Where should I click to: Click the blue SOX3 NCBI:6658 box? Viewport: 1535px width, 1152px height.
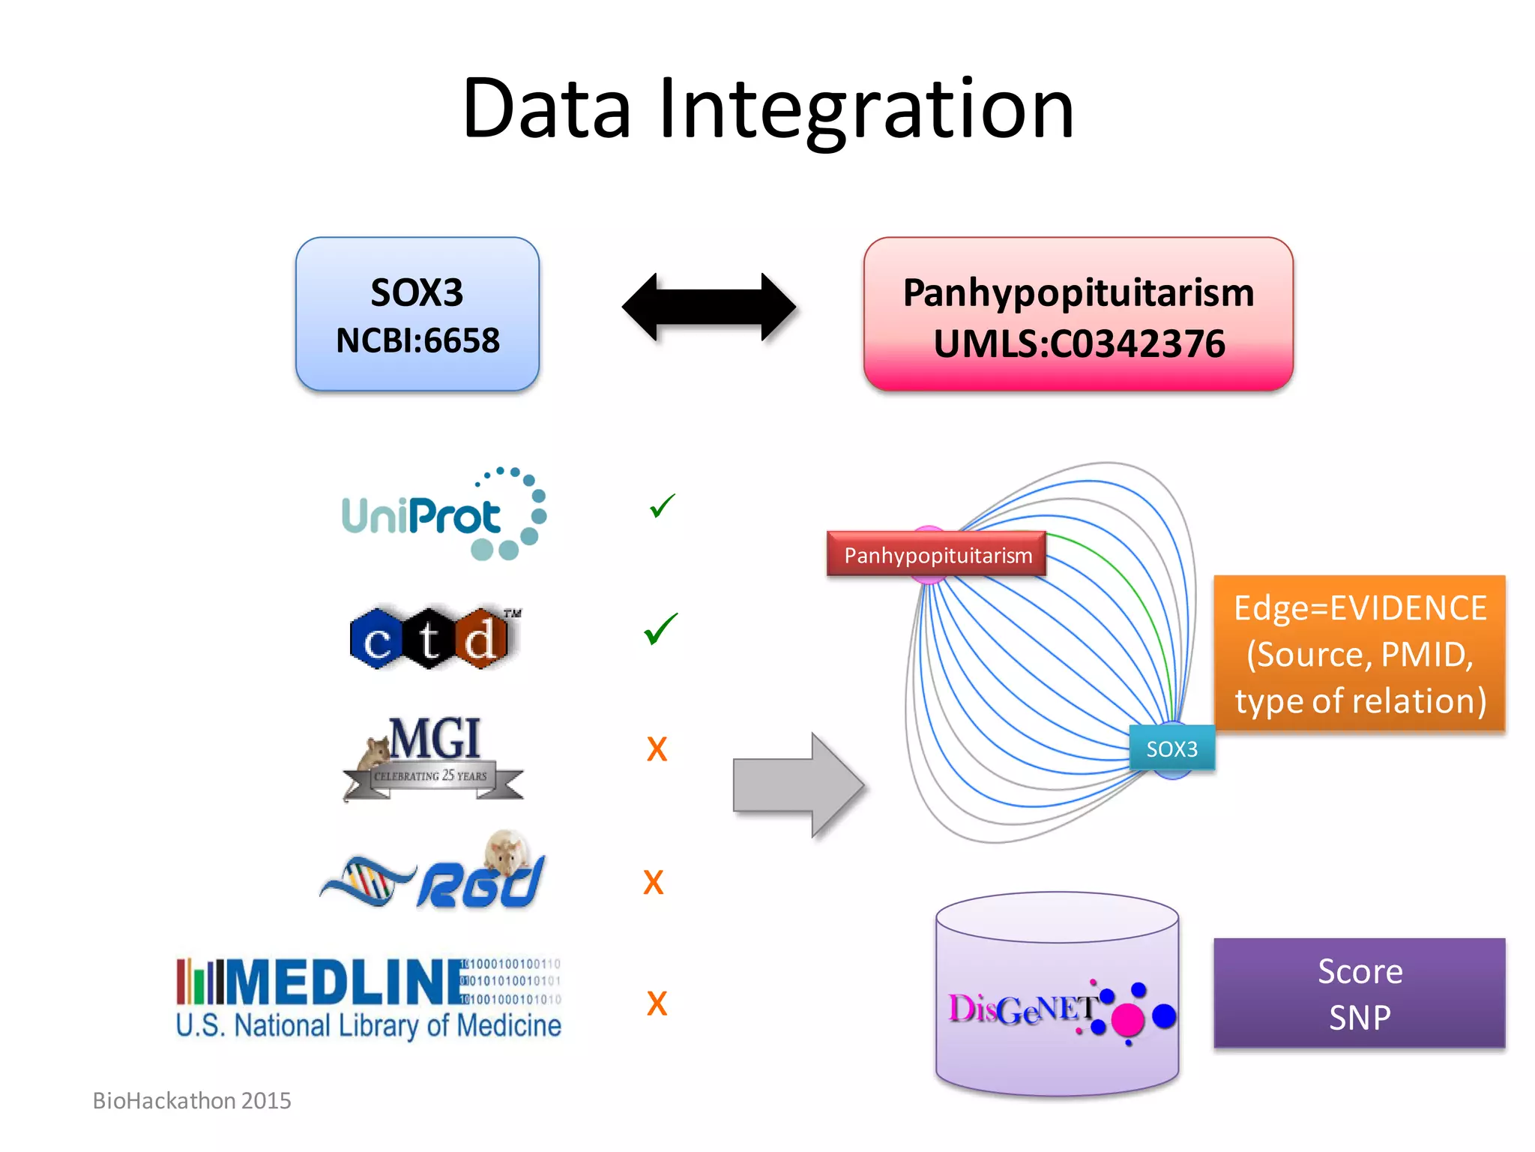click(417, 315)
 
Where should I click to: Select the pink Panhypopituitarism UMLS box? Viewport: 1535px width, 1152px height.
click(1078, 315)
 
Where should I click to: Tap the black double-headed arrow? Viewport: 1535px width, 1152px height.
click(708, 307)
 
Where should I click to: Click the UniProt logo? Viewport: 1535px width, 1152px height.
click(442, 515)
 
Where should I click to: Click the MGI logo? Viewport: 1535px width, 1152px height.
click(433, 757)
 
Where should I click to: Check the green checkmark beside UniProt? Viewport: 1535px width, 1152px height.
click(662, 506)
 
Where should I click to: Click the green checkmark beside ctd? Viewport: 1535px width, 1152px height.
click(660, 628)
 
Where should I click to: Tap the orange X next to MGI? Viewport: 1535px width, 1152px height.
click(657, 749)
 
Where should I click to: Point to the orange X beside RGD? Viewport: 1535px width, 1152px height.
click(654, 883)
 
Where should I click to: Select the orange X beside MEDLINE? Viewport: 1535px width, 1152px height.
click(657, 1003)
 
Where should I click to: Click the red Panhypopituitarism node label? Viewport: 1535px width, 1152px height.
click(937, 555)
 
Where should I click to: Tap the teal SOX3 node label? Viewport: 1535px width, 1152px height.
click(1171, 748)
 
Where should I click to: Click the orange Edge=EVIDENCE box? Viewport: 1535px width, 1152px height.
click(1359, 653)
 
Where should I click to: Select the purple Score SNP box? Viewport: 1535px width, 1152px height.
click(1359, 993)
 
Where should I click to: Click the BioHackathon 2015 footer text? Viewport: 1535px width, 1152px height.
click(192, 1100)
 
